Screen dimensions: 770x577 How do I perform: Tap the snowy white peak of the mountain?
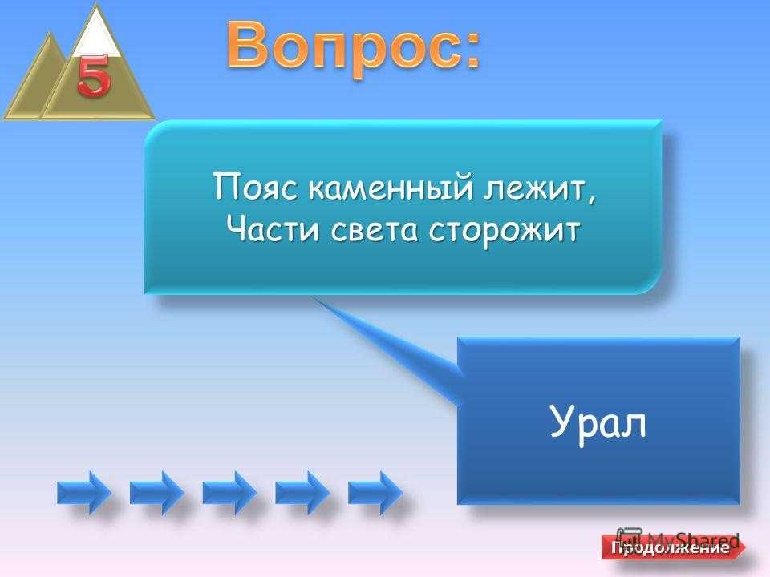pyautogui.click(x=97, y=34)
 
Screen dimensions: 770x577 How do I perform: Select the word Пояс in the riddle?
pyautogui.click(x=255, y=188)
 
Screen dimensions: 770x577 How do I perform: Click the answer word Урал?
pyautogui.click(x=598, y=422)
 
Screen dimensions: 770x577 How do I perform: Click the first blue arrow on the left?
pyautogui.click(x=84, y=492)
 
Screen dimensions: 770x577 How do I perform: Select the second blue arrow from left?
pyautogui.click(x=156, y=492)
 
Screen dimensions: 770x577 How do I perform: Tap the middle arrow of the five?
pyautogui.click(x=229, y=492)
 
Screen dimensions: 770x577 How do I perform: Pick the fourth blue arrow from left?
pyautogui.click(x=302, y=492)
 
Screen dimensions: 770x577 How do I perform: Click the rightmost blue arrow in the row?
pyautogui.click(x=375, y=492)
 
